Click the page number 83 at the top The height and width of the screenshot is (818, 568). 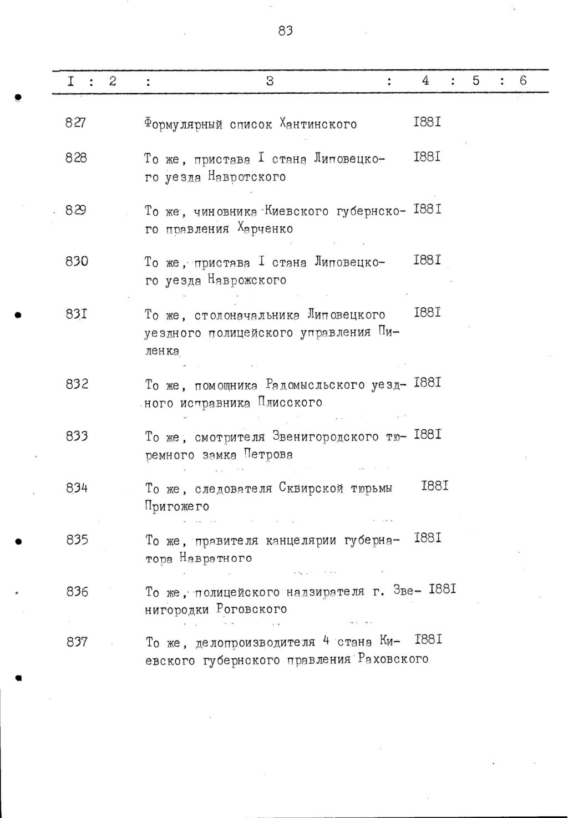point(285,31)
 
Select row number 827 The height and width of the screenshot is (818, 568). point(75,123)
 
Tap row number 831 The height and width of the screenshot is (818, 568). point(76,314)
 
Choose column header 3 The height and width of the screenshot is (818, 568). point(270,81)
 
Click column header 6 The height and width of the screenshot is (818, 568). point(523,80)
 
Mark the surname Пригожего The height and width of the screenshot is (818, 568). point(177,506)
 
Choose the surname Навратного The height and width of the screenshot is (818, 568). point(215,558)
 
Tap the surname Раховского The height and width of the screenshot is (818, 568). point(393,659)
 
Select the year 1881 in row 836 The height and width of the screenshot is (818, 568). point(443,589)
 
